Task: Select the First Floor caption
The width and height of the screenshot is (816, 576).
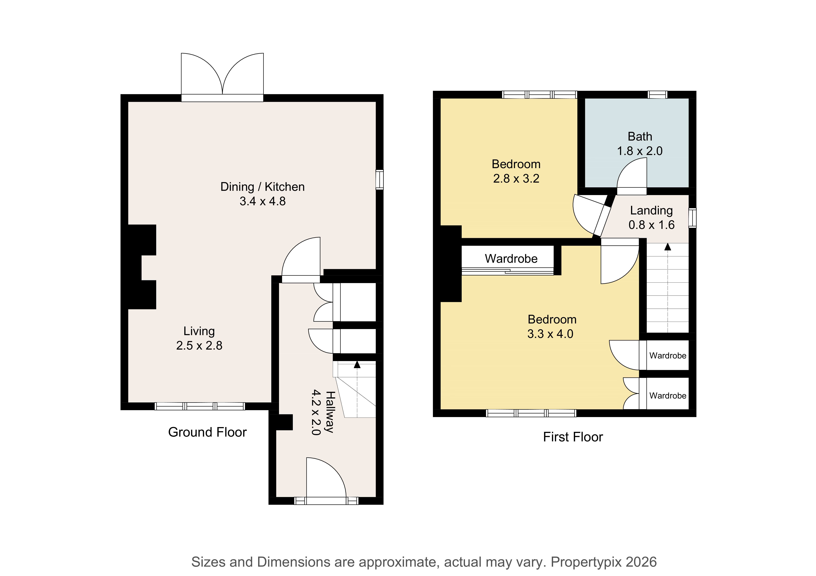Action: [x=573, y=437]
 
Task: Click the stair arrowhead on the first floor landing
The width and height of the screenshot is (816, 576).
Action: [x=668, y=247]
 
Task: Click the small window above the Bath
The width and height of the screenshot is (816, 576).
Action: [x=658, y=94]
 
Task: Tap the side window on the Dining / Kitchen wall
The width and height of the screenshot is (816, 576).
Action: [x=380, y=180]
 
